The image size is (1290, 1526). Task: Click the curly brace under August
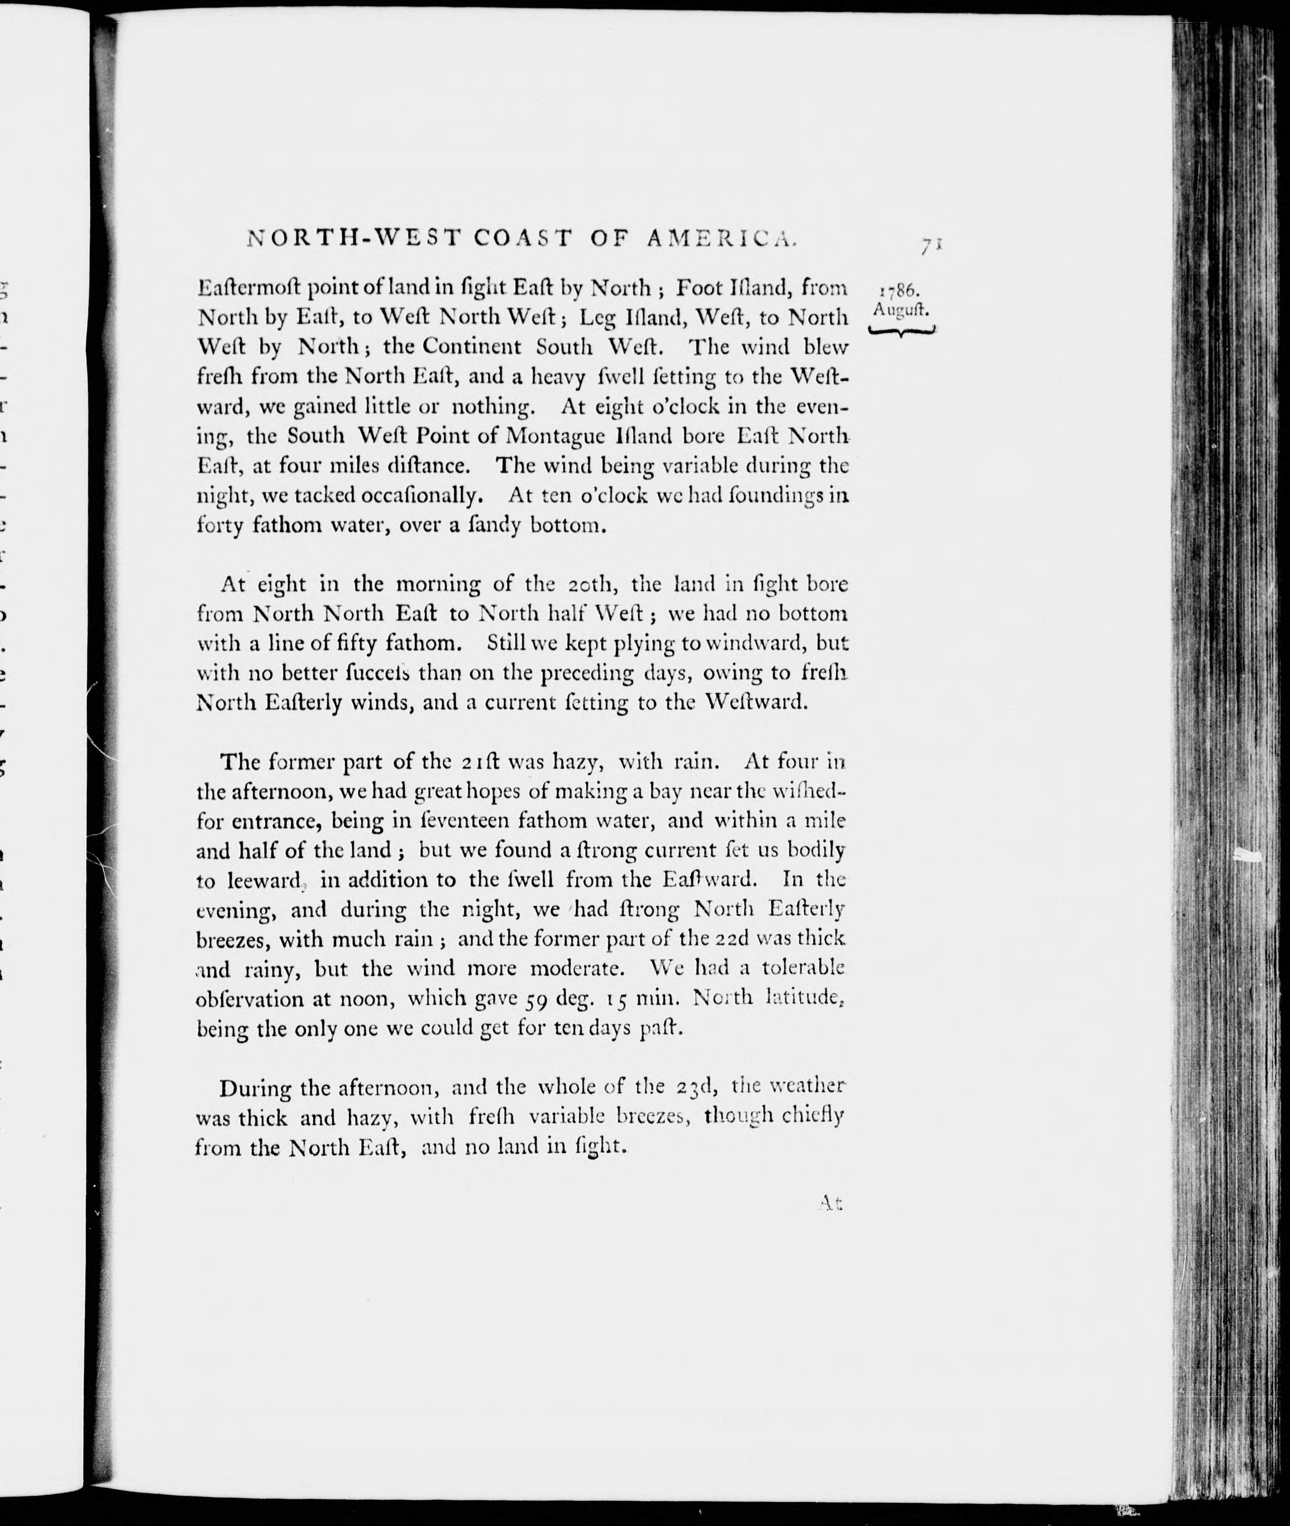click(901, 332)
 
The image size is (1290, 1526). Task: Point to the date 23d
click(691, 1088)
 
